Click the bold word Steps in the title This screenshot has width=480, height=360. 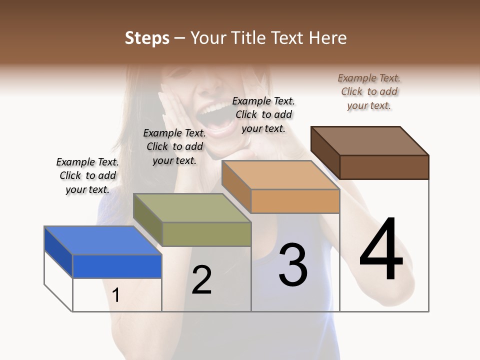point(147,38)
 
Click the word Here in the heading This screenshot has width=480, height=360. point(327,38)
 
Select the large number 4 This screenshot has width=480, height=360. point(381,250)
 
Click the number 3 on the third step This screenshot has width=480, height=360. point(293,265)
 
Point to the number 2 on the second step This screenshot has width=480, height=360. point(201,280)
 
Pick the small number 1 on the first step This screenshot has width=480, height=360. point(116,295)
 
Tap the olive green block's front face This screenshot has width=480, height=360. point(206,234)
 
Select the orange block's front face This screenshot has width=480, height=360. point(295,201)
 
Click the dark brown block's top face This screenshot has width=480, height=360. point(370,140)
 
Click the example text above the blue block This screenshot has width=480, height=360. point(87,175)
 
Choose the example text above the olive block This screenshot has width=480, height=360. point(174,146)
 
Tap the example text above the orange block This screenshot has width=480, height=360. point(263,114)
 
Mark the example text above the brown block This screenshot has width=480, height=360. point(369,91)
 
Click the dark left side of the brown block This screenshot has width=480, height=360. point(325,152)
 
